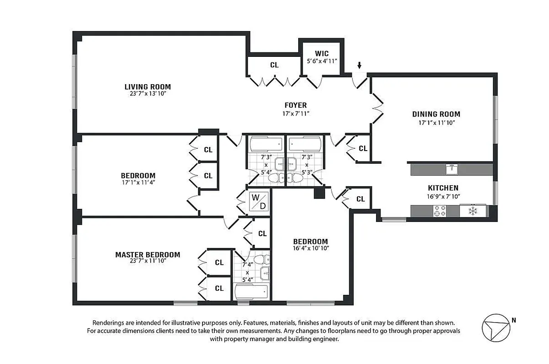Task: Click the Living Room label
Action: pyautogui.click(x=147, y=86)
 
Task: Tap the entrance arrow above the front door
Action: pyautogui.click(x=359, y=66)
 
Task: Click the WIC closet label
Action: pyautogui.click(x=321, y=54)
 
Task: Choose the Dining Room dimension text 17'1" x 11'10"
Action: pyautogui.click(x=436, y=122)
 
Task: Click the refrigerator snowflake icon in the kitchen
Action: pyautogui.click(x=473, y=211)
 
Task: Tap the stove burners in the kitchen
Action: pyautogui.click(x=439, y=211)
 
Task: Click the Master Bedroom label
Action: pyautogui.click(x=147, y=255)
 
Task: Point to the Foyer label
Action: pyautogui.click(x=296, y=105)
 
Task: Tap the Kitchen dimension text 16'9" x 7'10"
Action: pyautogui.click(x=443, y=197)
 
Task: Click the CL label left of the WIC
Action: pyautogui.click(x=274, y=65)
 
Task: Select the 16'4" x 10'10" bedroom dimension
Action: pyautogui.click(x=310, y=248)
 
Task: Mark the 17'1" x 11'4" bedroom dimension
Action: pyautogui.click(x=138, y=183)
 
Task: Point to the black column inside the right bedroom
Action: pyautogui.click(x=319, y=193)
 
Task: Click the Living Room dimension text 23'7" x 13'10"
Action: pyautogui.click(x=147, y=94)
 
